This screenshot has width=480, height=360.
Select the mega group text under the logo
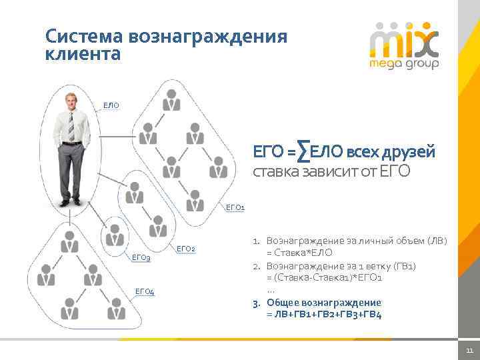pos(404,65)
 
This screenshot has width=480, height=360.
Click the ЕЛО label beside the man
pos(111,105)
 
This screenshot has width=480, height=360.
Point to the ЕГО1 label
pos(235,207)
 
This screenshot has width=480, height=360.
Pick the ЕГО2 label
pos(185,249)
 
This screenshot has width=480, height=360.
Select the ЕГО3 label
pos(141,257)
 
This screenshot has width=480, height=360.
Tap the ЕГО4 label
pos(144,291)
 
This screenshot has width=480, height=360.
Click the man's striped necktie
pos(71,125)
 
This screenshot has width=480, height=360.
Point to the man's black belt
pos(72,143)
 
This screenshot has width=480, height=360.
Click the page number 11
pos(469,351)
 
